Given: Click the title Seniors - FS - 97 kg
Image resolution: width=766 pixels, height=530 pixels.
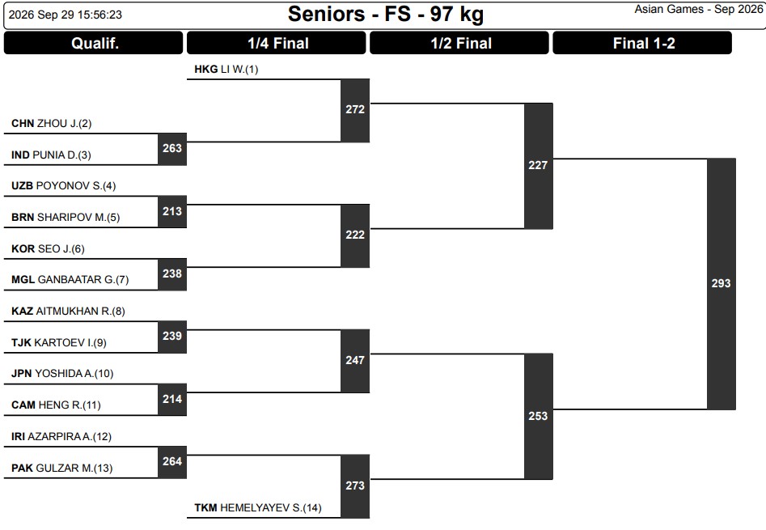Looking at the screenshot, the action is pos(386,15).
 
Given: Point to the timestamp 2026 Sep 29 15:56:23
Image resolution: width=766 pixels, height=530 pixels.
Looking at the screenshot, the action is pos(66,15).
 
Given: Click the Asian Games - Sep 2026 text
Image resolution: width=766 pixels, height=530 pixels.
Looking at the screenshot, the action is pos(699,9).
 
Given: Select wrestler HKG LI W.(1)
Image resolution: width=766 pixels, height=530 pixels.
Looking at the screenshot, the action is pos(226,70).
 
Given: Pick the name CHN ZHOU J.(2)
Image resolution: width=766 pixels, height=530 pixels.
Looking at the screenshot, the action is pos(51,124).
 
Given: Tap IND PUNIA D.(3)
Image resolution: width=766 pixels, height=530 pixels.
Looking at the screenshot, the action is pos(51,155).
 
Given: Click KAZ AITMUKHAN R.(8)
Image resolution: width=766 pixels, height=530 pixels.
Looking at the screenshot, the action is pos(69,312).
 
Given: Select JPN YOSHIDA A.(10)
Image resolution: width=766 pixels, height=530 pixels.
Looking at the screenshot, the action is pos(62,374).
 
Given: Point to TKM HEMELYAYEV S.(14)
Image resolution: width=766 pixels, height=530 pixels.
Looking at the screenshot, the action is pos(258,508).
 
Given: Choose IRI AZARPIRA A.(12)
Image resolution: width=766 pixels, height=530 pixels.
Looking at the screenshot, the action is pos(61,437).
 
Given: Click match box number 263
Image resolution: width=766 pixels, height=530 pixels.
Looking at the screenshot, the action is pos(172,149).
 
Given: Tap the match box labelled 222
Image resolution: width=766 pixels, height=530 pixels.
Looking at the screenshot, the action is pos(355,235).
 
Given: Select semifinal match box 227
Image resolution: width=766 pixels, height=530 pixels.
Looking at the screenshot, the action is pos(539,166).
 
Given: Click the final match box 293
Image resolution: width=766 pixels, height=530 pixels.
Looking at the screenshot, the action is pos(721,284).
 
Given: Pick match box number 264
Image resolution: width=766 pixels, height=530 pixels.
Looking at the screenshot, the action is pos(172,462).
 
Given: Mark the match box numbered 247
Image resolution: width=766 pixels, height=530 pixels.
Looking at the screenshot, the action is pos(355,361).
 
